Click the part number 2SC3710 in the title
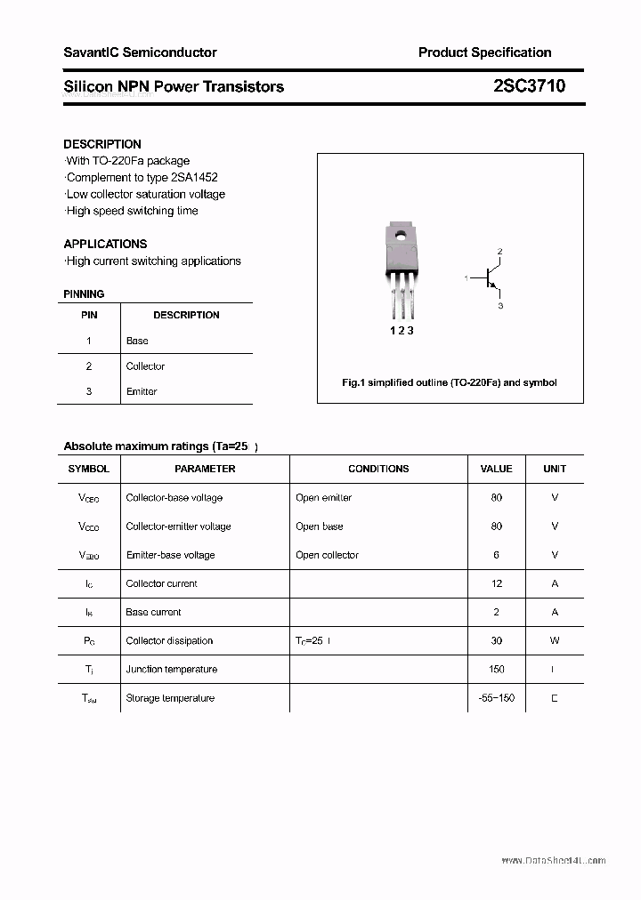528,86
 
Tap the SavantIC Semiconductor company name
140,52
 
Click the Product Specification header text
484,52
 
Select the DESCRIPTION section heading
102,144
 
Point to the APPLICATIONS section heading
105,244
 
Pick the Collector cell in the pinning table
145,366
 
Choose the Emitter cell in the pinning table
142,391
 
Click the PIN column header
89,315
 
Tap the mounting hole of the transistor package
401,237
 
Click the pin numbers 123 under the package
402,331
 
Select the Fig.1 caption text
450,382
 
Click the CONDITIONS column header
378,469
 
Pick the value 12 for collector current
496,583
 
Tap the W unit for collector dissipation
554,640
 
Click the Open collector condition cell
327,555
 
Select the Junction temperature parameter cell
172,669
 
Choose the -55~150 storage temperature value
496,698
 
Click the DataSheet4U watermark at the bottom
553,861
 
